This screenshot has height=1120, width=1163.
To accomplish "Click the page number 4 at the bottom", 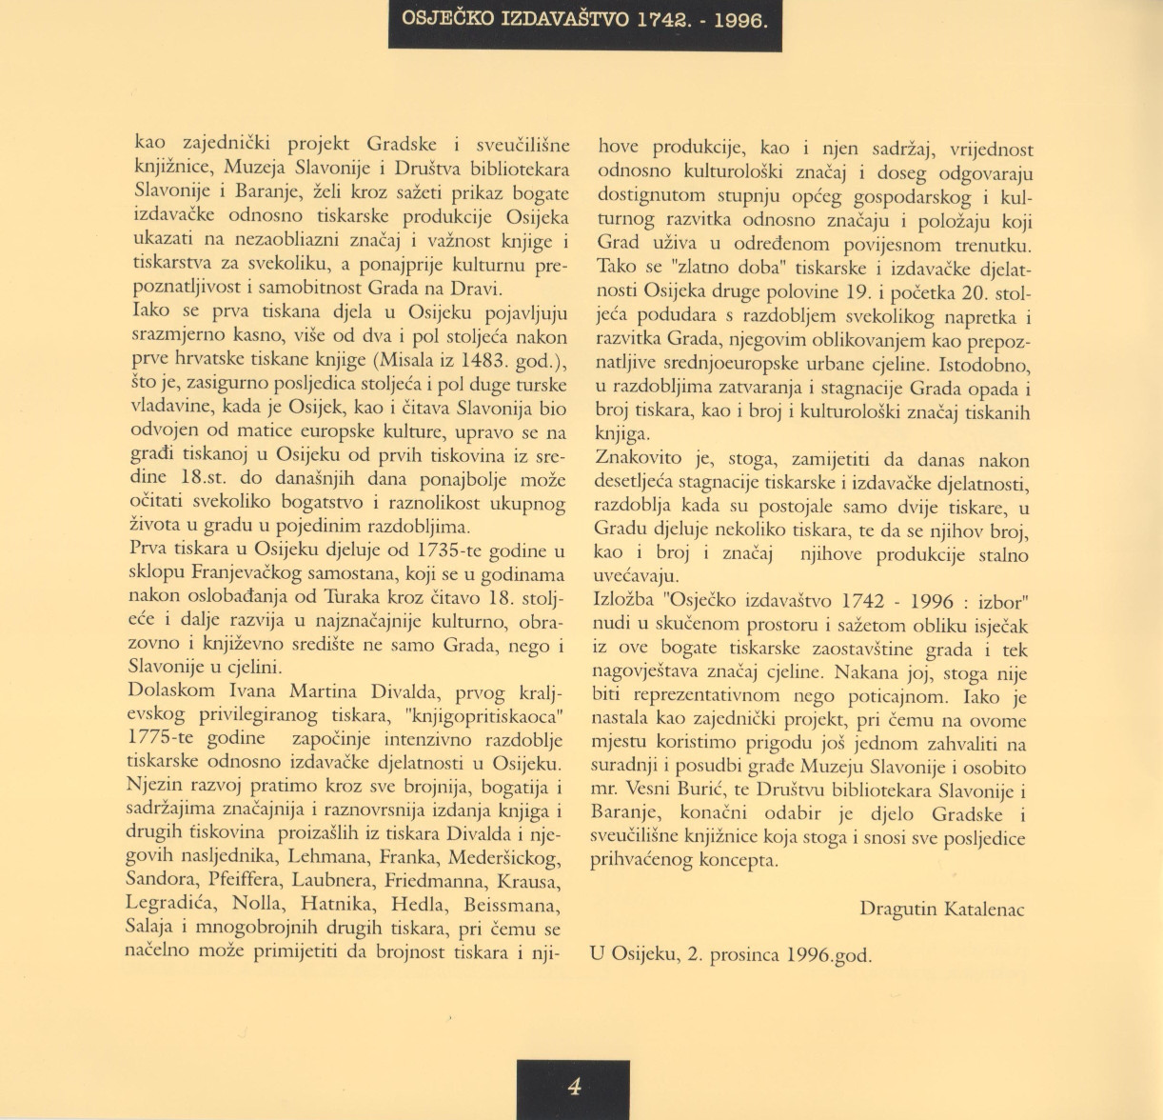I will pyautogui.click(x=574, y=1086).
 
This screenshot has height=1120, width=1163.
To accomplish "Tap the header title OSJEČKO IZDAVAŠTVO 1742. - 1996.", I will pyautogui.click(x=584, y=18).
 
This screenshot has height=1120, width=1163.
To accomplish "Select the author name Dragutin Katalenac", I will pyautogui.click(x=941, y=910).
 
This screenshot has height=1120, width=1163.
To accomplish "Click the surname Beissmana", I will pyautogui.click(x=512, y=905).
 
